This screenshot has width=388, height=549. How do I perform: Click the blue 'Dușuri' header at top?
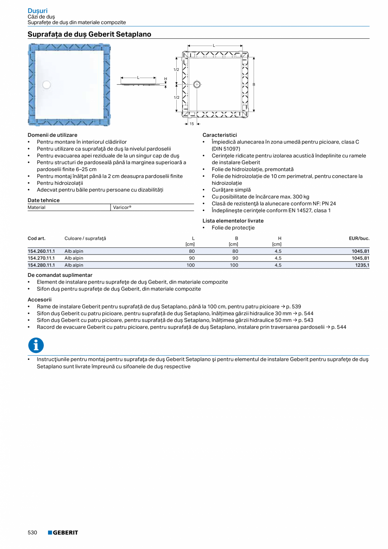(x=38, y=11)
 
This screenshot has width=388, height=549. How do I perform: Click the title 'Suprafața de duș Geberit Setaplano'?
(x=89, y=34)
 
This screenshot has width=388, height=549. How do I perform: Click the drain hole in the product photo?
(x=46, y=85)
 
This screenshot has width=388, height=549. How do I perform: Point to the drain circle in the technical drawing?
(x=197, y=84)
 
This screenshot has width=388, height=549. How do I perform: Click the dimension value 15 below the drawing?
(x=191, y=124)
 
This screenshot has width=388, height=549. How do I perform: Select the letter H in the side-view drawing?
(x=166, y=79)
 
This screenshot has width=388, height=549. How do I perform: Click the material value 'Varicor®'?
(x=122, y=208)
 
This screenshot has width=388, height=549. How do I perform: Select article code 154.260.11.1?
(x=41, y=251)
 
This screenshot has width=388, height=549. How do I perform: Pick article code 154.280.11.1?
(x=41, y=265)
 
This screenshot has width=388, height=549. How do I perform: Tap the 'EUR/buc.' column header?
(x=359, y=238)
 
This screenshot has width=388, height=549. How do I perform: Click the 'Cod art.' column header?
(x=36, y=238)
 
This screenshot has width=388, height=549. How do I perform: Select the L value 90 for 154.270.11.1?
(x=191, y=258)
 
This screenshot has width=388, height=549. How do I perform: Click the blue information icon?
(x=36, y=345)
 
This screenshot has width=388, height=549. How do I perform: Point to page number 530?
(x=32, y=533)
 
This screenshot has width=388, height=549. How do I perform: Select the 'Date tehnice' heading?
(x=43, y=200)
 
